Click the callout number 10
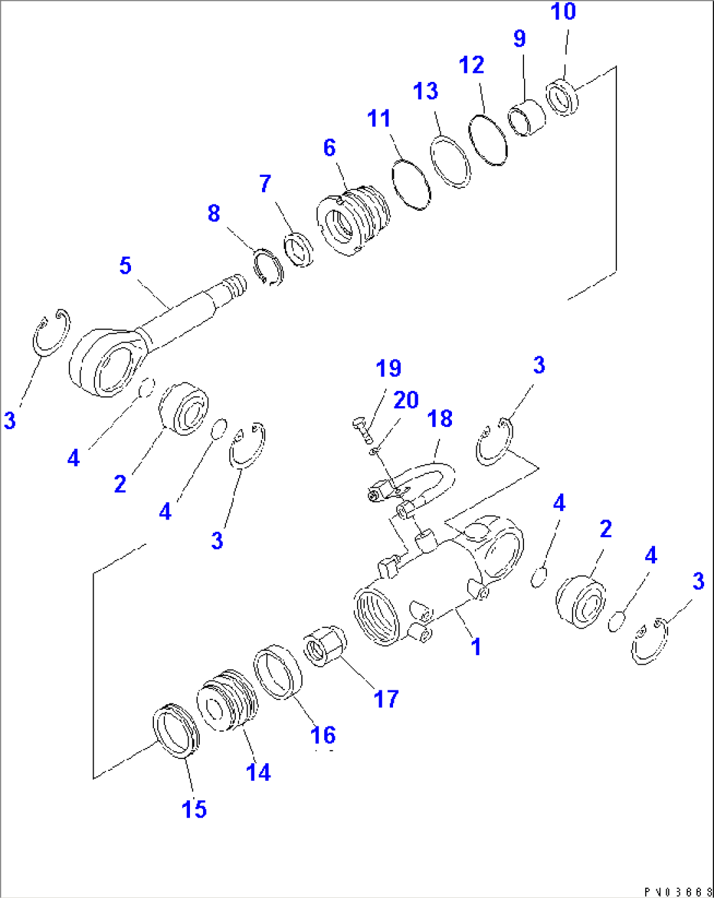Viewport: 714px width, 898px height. click(x=563, y=12)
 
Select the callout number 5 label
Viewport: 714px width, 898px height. click(x=125, y=266)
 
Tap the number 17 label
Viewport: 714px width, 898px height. click(x=386, y=699)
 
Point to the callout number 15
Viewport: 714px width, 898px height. click(x=194, y=810)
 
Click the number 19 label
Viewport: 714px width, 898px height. click(x=388, y=368)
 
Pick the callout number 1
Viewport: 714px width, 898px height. click(x=476, y=646)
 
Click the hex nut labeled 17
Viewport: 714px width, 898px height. click(x=326, y=645)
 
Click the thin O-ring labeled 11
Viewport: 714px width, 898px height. click(x=411, y=185)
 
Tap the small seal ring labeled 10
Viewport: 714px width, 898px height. click(x=562, y=96)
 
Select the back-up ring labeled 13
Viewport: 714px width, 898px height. click(x=450, y=162)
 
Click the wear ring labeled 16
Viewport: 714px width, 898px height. click(x=277, y=671)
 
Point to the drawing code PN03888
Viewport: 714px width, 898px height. click(x=677, y=891)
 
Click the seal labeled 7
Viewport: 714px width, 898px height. click(x=299, y=250)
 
